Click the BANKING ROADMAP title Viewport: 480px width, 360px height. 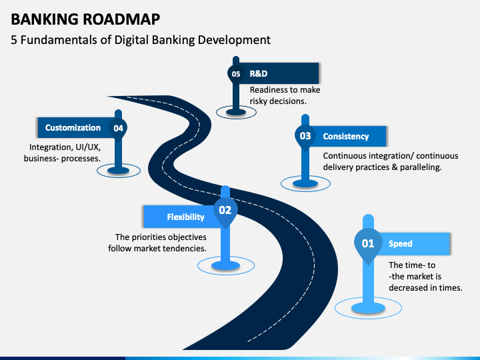pos(85,19)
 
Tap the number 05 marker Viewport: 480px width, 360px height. pos(236,75)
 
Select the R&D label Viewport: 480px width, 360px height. pos(259,74)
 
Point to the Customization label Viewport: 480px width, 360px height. pos(73,127)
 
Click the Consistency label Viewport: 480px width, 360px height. pos(346,136)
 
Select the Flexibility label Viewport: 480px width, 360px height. pos(185,217)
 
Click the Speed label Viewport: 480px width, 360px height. pos(401,244)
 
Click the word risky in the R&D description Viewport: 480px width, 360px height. pos(258,101)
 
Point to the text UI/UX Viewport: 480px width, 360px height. pos(88,147)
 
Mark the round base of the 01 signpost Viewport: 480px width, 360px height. pos(368,307)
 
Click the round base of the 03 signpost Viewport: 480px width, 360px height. pos(305,183)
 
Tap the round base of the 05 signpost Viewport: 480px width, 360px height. pos(236,112)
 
